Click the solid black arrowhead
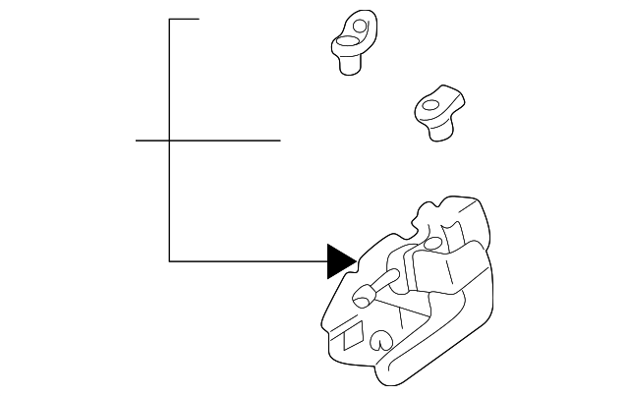click(340, 260)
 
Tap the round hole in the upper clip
click(360, 24)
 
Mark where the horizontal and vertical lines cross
click(170, 141)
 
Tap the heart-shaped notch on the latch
click(380, 341)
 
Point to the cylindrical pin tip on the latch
click(362, 292)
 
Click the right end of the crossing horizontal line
click(279, 141)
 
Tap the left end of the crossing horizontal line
click(137, 141)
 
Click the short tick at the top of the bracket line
click(185, 19)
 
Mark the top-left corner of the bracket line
click(170, 19)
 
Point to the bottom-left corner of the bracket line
click(170, 260)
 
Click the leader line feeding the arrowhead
click(246, 260)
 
